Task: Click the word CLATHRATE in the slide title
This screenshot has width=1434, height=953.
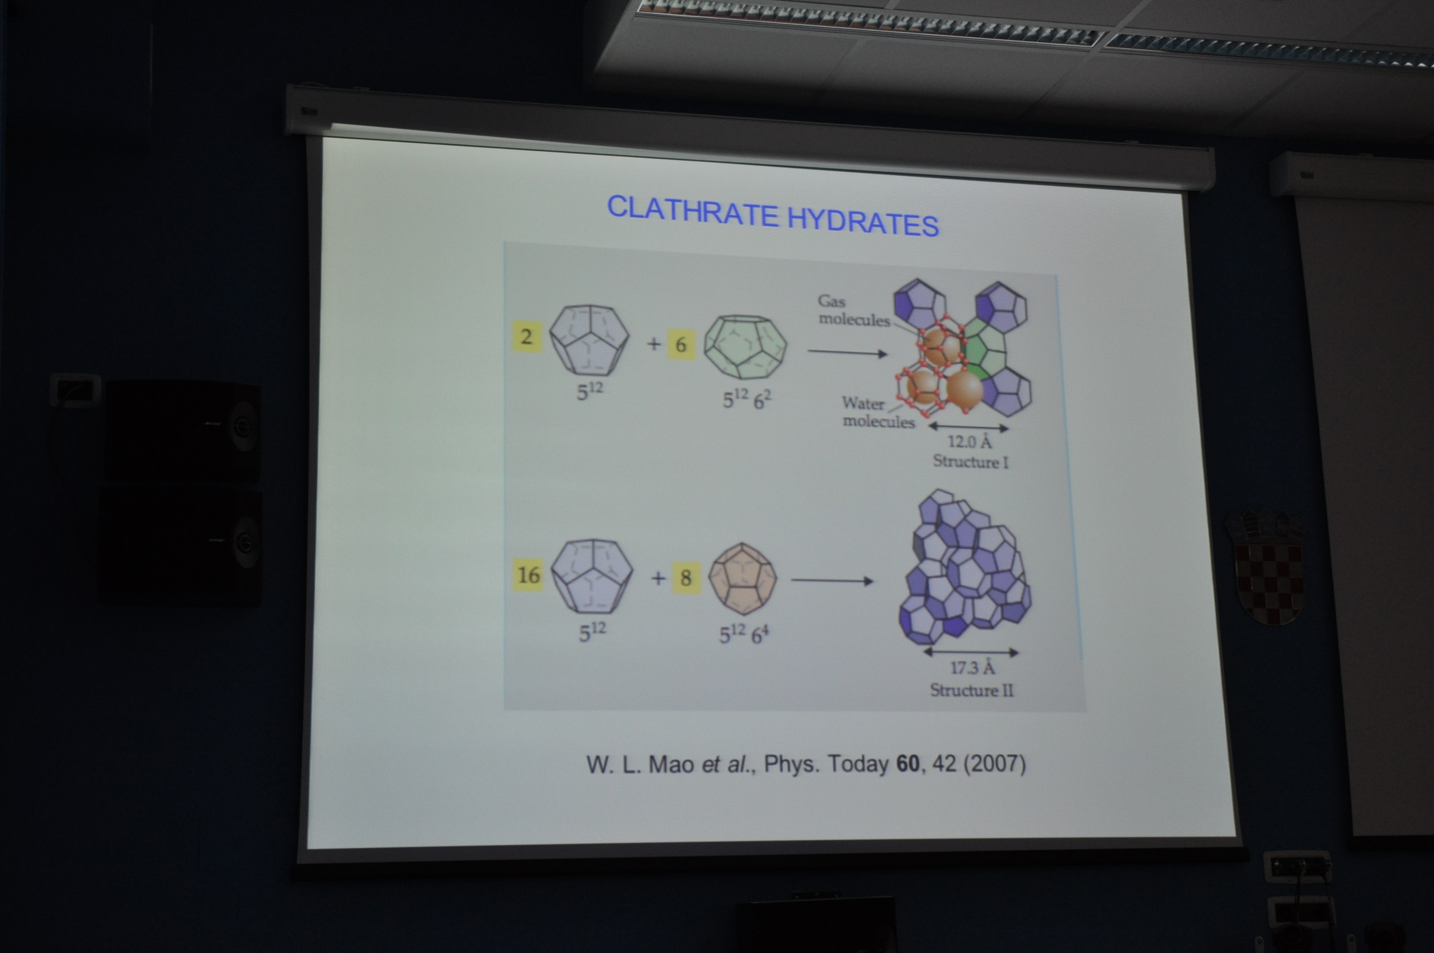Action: pyautogui.click(x=692, y=212)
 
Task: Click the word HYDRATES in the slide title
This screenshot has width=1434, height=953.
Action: pyautogui.click(x=863, y=221)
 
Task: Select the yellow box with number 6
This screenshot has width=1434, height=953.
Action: pyautogui.click(x=681, y=344)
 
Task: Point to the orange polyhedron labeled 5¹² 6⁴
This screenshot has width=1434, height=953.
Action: pyautogui.click(x=743, y=579)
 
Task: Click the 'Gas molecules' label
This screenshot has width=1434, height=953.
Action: pyautogui.click(x=853, y=310)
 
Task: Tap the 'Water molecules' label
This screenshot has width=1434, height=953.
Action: pyautogui.click(x=878, y=412)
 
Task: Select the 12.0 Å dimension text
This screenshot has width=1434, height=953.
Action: pyautogui.click(x=969, y=441)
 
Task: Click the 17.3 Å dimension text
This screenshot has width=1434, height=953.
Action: pyautogui.click(x=972, y=668)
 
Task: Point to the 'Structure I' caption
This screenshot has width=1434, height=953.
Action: pyautogui.click(x=971, y=462)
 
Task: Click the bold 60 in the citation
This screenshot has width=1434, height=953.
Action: pyautogui.click(x=908, y=764)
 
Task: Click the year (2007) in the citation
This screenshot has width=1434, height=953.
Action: pyautogui.click(x=994, y=763)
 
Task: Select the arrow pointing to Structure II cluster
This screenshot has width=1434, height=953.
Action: pyautogui.click(x=832, y=580)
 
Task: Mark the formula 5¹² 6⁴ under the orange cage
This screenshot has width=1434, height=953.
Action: pyautogui.click(x=744, y=634)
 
